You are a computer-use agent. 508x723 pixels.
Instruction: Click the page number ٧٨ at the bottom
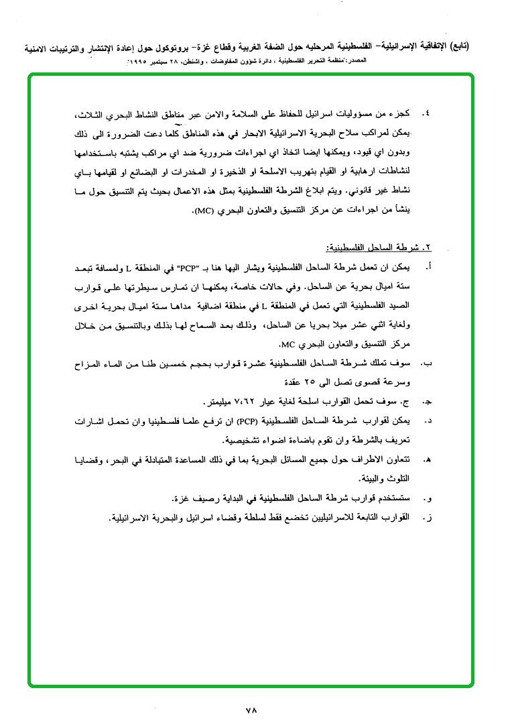coord(252,708)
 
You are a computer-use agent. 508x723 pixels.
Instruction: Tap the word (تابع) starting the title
coord(458,47)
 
